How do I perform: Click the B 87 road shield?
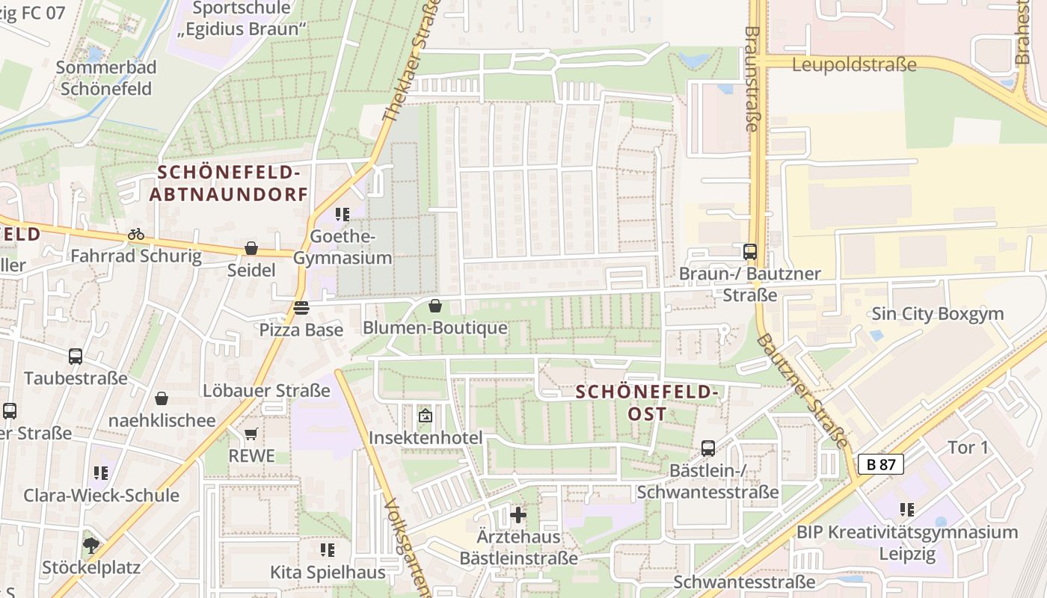pyautogui.click(x=880, y=464)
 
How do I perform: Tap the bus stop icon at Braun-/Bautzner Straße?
pyautogui.click(x=750, y=252)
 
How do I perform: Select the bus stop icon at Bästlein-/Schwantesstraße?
pyautogui.click(x=707, y=449)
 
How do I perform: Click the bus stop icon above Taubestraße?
pyautogui.click(x=76, y=357)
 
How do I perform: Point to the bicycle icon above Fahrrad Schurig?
pyautogui.click(x=135, y=234)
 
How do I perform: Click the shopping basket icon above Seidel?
pyautogui.click(x=251, y=248)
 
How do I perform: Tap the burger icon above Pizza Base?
pyautogui.click(x=301, y=307)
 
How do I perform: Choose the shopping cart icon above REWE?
pyautogui.click(x=251, y=434)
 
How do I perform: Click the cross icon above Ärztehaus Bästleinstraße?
pyautogui.click(x=518, y=514)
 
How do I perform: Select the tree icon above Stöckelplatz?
pyautogui.click(x=91, y=545)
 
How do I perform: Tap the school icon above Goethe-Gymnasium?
pyautogui.click(x=343, y=215)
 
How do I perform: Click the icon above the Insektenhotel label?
pyautogui.click(x=425, y=415)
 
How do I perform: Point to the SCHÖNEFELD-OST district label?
pyautogui.click(x=648, y=402)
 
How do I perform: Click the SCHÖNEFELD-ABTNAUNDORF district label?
pyautogui.click(x=229, y=184)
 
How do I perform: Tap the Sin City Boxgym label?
pyautogui.click(x=937, y=313)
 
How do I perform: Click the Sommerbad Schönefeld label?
pyautogui.click(x=105, y=78)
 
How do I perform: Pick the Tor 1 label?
pyautogui.click(x=968, y=448)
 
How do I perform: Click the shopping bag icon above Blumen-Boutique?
pyautogui.click(x=435, y=306)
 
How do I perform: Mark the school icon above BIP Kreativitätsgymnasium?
pyautogui.click(x=907, y=510)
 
